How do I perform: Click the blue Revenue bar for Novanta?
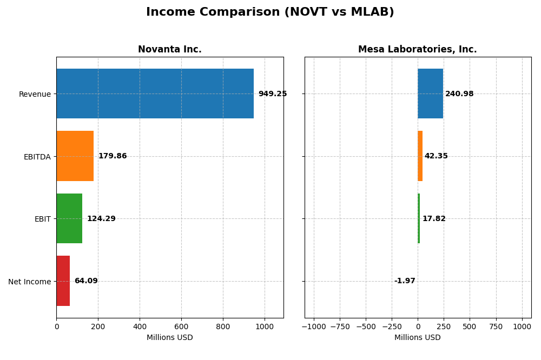(155, 94)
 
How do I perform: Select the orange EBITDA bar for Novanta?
(75, 156)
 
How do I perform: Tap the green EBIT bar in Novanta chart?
(69, 218)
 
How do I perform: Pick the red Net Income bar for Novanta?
(63, 281)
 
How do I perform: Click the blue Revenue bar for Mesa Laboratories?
(430, 94)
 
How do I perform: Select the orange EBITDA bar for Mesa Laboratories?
(420, 156)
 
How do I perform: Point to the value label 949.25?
(272, 94)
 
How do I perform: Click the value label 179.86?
(112, 156)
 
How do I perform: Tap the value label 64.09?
(86, 281)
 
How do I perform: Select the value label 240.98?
(459, 94)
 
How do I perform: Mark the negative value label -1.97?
(404, 281)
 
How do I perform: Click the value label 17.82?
(434, 219)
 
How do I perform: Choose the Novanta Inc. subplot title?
(169, 50)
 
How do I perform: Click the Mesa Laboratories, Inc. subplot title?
(417, 50)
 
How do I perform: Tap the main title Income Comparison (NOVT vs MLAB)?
(270, 12)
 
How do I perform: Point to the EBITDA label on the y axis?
(37, 157)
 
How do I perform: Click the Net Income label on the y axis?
(29, 282)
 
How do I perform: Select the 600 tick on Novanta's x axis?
(181, 326)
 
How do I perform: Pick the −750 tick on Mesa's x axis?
(339, 326)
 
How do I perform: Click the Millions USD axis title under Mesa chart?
(417, 338)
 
